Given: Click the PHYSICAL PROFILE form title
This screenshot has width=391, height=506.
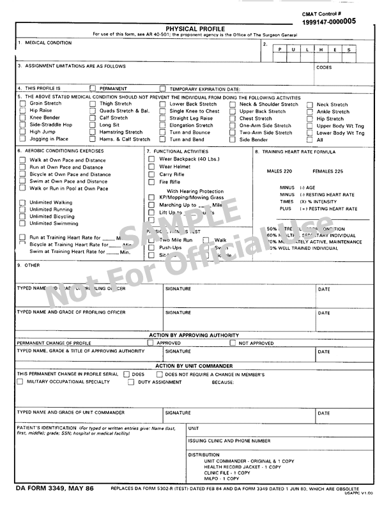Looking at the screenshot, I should coord(195,29).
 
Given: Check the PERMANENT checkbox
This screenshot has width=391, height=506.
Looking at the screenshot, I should coord(93,89).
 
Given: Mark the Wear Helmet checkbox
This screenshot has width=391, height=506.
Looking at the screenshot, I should coord(151,167).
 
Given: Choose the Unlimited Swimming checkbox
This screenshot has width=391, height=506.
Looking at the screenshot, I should coord(22,224).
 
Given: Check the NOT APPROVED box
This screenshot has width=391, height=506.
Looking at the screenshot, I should coord(233,343).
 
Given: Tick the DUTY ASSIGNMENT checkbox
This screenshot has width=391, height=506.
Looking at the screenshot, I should coord(131,382).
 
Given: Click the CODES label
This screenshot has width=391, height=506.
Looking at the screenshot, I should coord(324,67).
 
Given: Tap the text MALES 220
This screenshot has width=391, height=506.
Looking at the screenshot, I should coord(279,171).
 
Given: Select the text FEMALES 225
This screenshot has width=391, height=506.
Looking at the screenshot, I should coord(328,171).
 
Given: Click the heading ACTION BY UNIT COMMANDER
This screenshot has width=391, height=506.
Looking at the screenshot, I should coord(195,366).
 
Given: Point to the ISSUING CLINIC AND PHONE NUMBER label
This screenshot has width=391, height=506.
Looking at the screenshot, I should coord(229,441).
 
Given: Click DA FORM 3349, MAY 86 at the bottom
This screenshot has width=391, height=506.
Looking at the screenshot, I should coord(55,488).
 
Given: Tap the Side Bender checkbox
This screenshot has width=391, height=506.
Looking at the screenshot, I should coord(233,139).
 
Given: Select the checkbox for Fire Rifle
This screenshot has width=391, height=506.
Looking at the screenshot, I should coord(151,181).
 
